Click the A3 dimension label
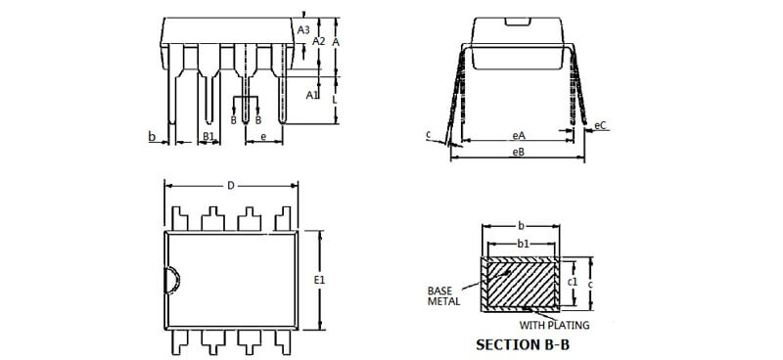click(303, 30)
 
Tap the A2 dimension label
click(319, 41)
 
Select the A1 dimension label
click(312, 95)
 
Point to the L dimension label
click(335, 100)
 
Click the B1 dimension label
click(208, 136)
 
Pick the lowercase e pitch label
click(263, 136)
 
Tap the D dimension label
click(231, 186)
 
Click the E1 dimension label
click(319, 280)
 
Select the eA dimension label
click(519, 135)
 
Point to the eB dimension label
click(519, 152)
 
